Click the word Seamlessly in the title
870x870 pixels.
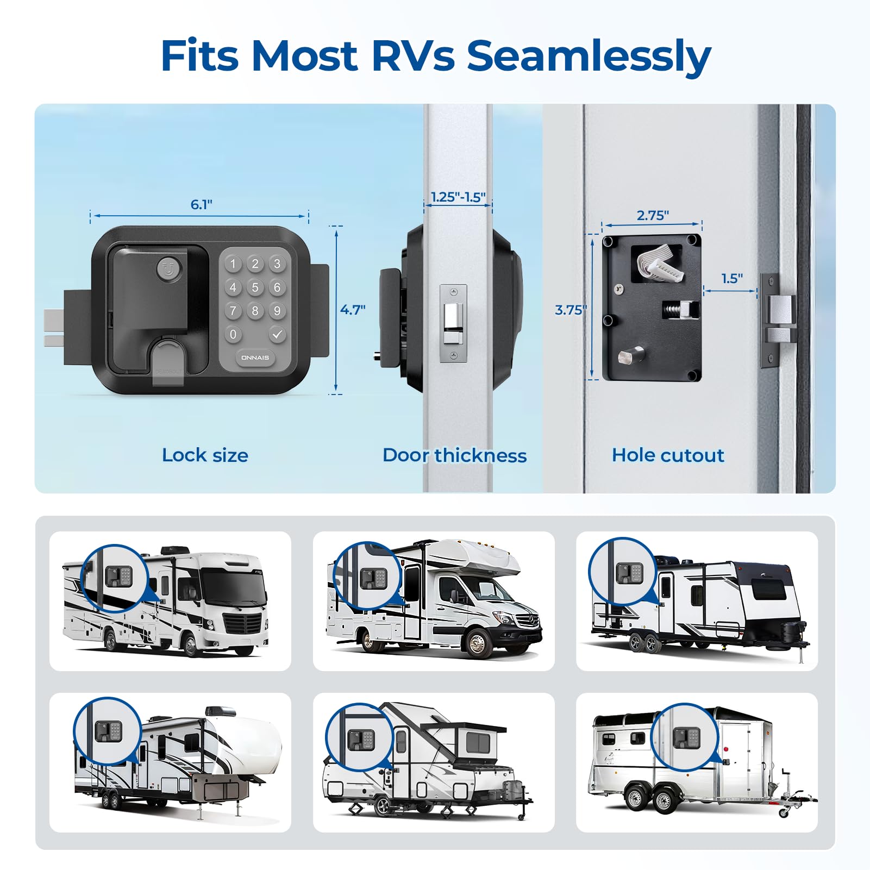coord(589,57)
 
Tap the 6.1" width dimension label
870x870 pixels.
coord(201,205)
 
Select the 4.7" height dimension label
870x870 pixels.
coord(353,310)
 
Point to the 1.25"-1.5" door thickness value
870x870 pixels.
coord(458,197)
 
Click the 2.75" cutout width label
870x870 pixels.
coord(652,215)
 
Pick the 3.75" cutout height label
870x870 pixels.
coord(570,310)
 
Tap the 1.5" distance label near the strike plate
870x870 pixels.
coord(731,279)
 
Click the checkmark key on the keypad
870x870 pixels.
coord(277,334)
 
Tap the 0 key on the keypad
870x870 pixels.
coord(233,334)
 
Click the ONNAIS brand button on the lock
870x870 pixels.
coord(255,358)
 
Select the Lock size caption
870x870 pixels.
coord(205,455)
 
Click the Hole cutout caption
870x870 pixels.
coord(668,455)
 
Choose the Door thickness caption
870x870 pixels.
coord(454,455)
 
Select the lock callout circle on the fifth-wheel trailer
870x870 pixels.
coord(108,731)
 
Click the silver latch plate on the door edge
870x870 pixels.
coord(453,324)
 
